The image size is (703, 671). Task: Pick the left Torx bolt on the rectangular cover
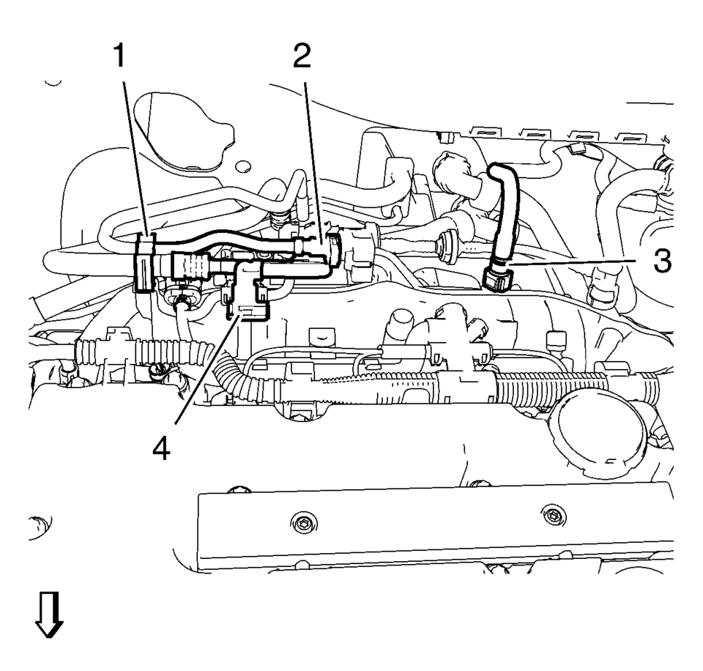pyautogui.click(x=305, y=522)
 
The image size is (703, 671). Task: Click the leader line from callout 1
pyautogui.click(x=135, y=161)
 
